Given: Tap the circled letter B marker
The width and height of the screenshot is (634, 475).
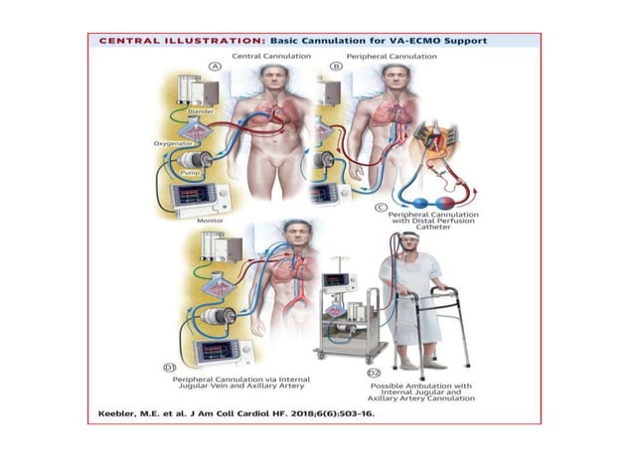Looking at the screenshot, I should click(x=336, y=67).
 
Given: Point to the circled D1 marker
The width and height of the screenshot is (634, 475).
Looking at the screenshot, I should click(x=172, y=369).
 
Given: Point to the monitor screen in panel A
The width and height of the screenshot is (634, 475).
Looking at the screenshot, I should click(x=195, y=196).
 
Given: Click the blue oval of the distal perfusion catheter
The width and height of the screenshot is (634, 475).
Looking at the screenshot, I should click(x=413, y=197).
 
